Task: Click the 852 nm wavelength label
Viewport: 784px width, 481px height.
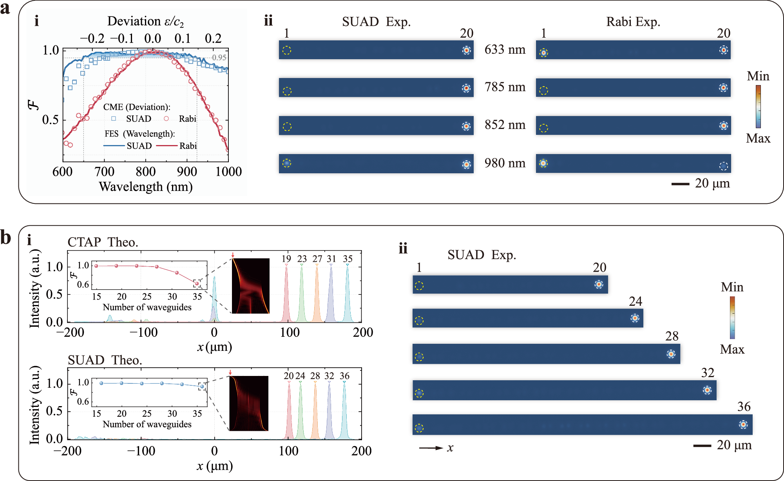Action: pyautogui.click(x=505, y=125)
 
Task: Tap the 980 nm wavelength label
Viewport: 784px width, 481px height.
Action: pyautogui.click(x=505, y=163)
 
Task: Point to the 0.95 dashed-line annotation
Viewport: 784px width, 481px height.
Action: pyautogui.click(x=219, y=58)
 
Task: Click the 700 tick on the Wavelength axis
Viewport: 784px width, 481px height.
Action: pyautogui.click(x=104, y=172)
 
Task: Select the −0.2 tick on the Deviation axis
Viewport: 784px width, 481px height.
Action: pyautogui.click(x=92, y=38)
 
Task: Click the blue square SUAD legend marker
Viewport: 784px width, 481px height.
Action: pyautogui.click(x=114, y=118)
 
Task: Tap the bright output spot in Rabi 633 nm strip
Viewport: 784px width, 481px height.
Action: pyautogui.click(x=723, y=50)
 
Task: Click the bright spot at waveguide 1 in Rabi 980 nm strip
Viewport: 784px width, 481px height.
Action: pyautogui.click(x=543, y=163)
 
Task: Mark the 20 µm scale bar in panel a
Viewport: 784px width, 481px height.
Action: pyautogui.click(x=680, y=184)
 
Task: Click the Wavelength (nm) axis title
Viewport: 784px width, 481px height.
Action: pyautogui.click(x=145, y=187)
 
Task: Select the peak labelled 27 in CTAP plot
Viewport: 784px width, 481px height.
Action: pyautogui.click(x=317, y=292)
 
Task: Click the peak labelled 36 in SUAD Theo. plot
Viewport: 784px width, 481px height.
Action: pyautogui.click(x=344, y=410)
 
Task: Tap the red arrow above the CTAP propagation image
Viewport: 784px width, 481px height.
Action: pyautogui.click(x=233, y=255)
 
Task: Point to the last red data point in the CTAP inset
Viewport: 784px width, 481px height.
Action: pyautogui.click(x=197, y=283)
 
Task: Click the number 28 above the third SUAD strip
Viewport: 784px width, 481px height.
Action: pyautogui.click(x=672, y=336)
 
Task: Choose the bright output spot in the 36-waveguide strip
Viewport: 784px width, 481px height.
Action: pyautogui.click(x=743, y=425)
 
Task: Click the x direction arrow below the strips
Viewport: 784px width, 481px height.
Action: pyautogui.click(x=431, y=448)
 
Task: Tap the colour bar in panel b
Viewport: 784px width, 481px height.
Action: pyautogui.click(x=732, y=318)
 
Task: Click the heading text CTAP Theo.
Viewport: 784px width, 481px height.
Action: pyautogui.click(x=103, y=242)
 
